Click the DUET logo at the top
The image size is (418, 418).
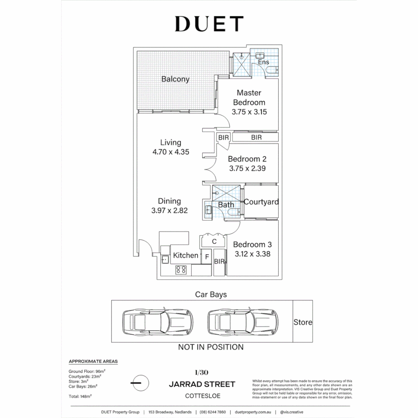tap(209, 24)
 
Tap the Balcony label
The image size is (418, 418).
tap(175, 79)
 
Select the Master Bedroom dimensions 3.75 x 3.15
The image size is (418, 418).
tap(249, 112)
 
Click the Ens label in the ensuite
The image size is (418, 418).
tap(264, 62)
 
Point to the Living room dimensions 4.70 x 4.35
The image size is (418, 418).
tap(171, 152)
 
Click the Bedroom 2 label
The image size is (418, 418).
tap(247, 159)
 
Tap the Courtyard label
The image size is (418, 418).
tap(261, 202)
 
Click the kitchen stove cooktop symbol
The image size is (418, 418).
tap(181, 269)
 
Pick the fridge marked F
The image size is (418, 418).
tap(207, 257)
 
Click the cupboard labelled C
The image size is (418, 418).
tap(214, 242)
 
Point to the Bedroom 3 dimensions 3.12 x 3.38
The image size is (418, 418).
tap(252, 254)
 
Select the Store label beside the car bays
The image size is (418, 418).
tap(303, 322)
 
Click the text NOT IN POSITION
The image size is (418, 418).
tap(211, 347)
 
